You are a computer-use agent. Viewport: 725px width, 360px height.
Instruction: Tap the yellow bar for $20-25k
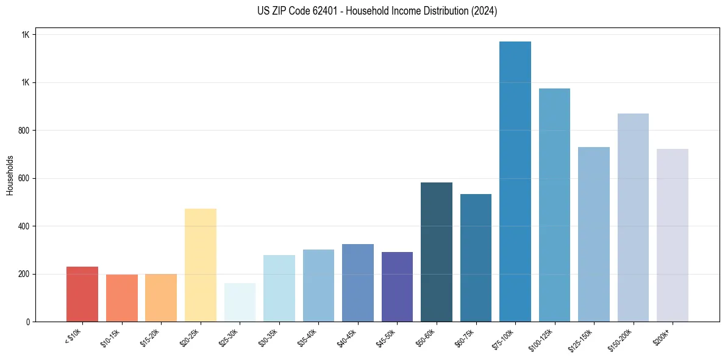click(201, 265)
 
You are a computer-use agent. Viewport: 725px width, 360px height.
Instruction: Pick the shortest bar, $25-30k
click(240, 302)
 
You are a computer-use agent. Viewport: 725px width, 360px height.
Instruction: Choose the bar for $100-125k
click(554, 205)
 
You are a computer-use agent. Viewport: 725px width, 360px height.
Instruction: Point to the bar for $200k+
click(673, 235)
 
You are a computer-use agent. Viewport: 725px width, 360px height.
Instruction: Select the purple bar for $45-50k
click(397, 287)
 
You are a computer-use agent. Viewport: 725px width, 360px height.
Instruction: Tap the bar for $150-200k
click(633, 217)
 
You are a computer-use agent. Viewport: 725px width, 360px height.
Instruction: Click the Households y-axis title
click(10, 175)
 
